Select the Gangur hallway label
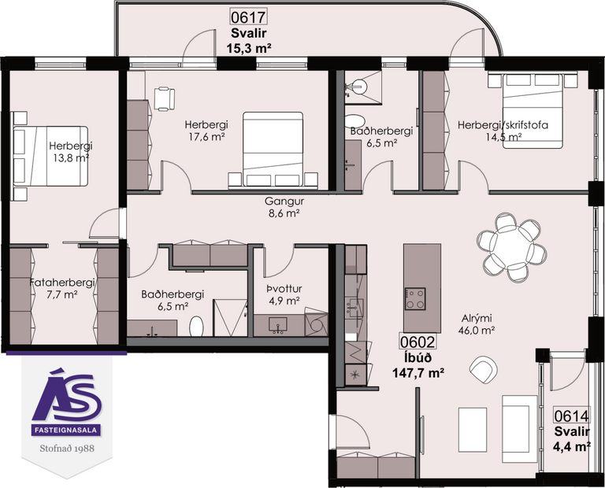[x=284, y=201]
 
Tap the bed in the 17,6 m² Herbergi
[x=273, y=147]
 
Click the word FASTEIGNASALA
[x=65, y=431]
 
